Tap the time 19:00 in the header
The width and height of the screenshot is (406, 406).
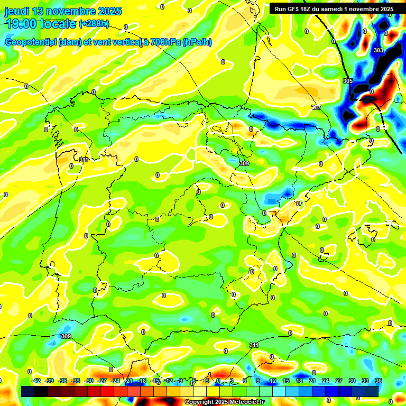[22, 23]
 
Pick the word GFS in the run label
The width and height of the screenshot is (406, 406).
[295, 9]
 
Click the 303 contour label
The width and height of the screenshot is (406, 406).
[378, 50]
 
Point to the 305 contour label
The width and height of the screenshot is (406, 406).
[347, 81]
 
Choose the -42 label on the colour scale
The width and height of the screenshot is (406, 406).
[36, 381]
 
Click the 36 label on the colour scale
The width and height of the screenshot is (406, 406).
[379, 381]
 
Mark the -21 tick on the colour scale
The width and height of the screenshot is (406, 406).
[128, 381]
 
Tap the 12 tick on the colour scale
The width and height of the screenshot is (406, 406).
[272, 381]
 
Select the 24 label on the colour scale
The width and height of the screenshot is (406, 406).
[325, 381]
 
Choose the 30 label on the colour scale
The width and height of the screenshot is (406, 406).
[352, 381]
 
